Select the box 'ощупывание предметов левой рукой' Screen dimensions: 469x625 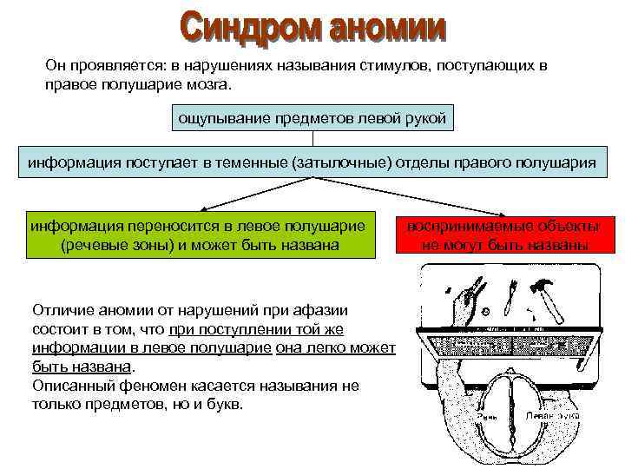312,117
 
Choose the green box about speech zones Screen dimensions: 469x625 199,235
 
